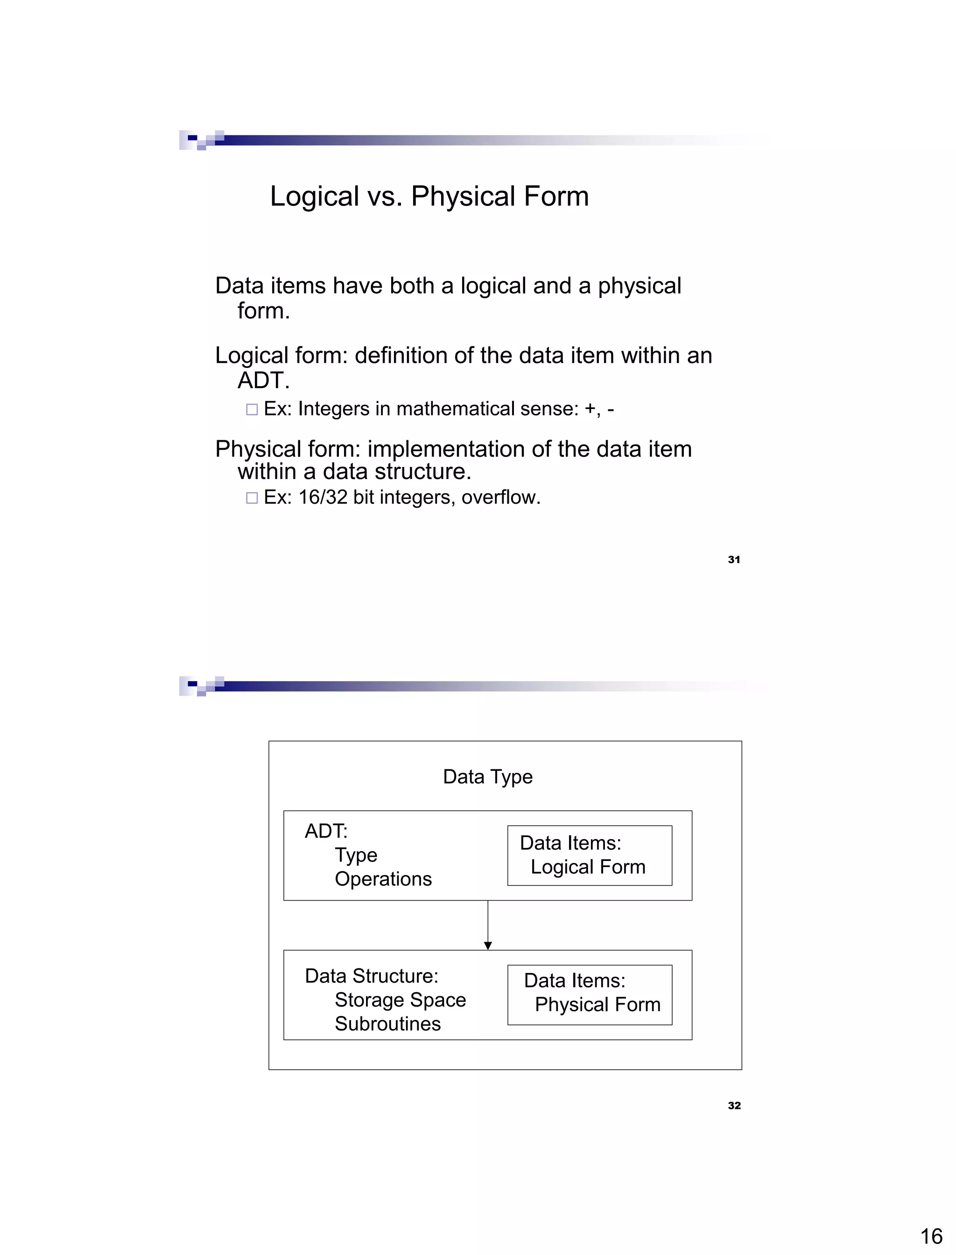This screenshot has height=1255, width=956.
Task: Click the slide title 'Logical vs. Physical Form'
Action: pyautogui.click(x=429, y=197)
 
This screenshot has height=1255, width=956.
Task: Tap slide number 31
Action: pyautogui.click(x=733, y=559)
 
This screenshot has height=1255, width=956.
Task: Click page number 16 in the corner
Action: pyautogui.click(x=931, y=1236)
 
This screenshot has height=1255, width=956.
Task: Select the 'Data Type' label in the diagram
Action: pyautogui.click(x=488, y=777)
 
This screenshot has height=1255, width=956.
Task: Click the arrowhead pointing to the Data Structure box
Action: pyautogui.click(x=488, y=945)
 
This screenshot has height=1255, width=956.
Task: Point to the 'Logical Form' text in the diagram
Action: pyautogui.click(x=588, y=867)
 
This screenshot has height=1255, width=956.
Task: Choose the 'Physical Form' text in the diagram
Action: pyautogui.click(x=597, y=1005)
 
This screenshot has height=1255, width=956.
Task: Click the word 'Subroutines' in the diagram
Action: pyautogui.click(x=387, y=1024)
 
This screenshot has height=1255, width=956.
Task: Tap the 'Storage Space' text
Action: pyautogui.click(x=400, y=1000)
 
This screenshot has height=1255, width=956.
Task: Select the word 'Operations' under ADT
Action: pyautogui.click(x=383, y=879)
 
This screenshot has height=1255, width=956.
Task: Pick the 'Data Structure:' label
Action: pyautogui.click(x=372, y=976)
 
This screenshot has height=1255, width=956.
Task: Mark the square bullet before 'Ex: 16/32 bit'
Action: pyautogui.click(x=252, y=498)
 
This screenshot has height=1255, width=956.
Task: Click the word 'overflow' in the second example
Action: pyautogui.click(x=498, y=497)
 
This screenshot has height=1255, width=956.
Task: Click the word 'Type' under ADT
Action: pyautogui.click(x=356, y=855)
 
